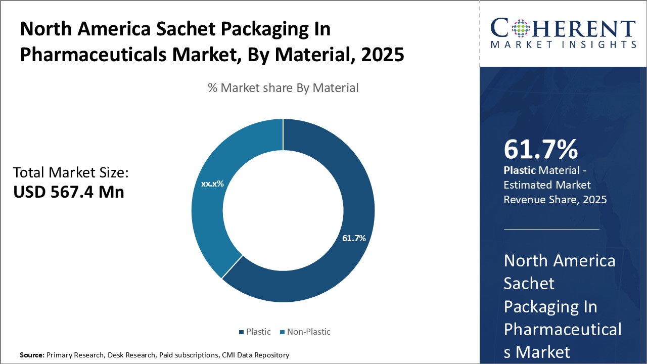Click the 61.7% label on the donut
[353, 238]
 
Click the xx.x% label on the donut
[212, 184]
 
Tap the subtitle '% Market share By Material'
[283, 88]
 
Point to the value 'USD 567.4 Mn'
[69, 192]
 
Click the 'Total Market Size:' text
[71, 173]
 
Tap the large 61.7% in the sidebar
[540, 150]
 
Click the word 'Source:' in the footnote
[32, 355]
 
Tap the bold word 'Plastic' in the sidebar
[519, 171]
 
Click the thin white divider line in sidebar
[551, 229]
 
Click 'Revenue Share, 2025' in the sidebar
[555, 200]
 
